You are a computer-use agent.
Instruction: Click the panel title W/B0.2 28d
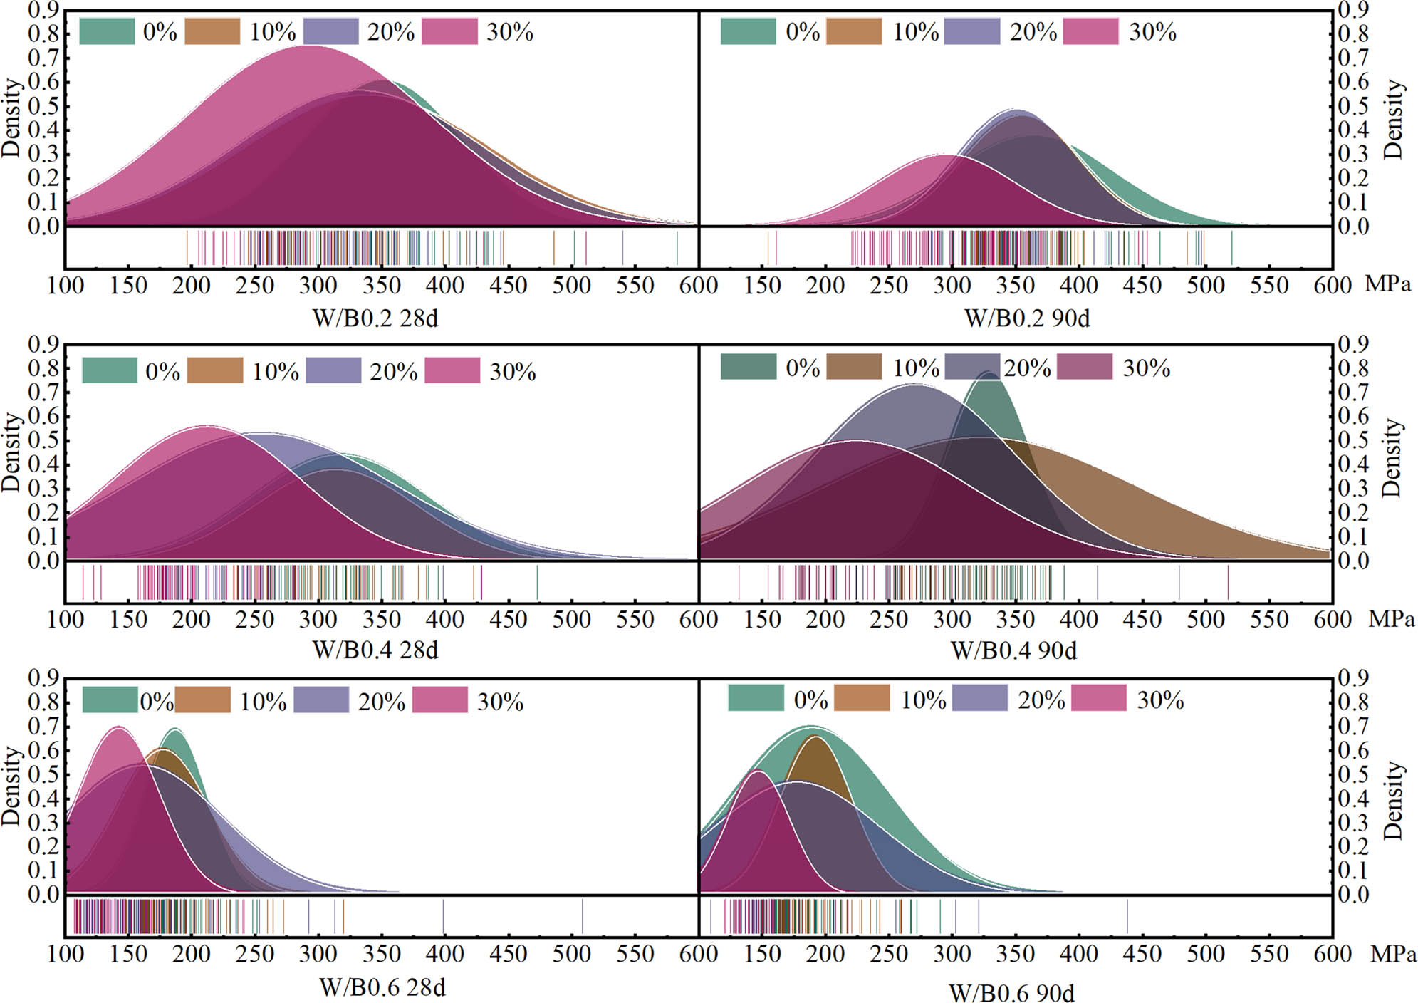point(375,318)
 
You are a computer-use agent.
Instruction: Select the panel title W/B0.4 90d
point(1013,650)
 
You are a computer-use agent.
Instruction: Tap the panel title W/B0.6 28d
point(382,987)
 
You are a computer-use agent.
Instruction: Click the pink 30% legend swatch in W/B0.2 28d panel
point(449,32)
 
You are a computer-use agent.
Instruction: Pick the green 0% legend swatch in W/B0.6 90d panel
point(755,698)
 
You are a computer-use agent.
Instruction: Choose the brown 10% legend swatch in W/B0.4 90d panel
point(853,367)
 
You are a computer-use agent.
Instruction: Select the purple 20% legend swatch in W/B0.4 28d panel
point(333,370)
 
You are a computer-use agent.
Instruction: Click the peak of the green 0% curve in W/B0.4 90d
point(988,373)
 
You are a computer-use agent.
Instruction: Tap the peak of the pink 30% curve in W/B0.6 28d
point(118,728)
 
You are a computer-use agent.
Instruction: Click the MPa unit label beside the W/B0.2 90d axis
point(1387,284)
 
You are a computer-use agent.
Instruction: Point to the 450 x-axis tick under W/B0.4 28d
point(508,619)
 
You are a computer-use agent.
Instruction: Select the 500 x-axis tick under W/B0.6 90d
point(1205,953)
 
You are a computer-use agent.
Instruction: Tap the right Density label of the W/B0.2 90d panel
point(1393,119)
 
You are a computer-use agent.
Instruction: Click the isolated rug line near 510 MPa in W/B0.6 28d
point(582,916)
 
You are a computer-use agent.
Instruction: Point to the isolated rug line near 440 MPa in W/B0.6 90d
point(1127,916)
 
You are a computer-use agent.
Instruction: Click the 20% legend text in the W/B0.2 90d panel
point(1033,32)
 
